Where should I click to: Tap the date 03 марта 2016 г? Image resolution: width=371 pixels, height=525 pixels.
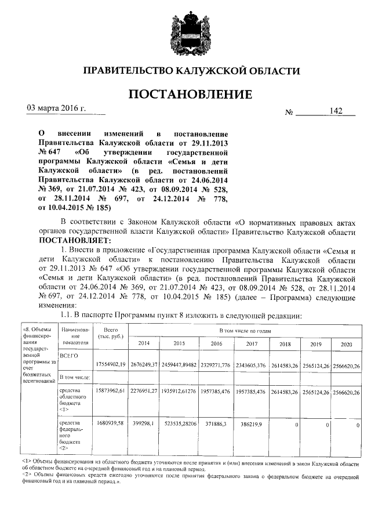(x=57, y=108)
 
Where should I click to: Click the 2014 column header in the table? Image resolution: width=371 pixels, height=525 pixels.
(x=147, y=343)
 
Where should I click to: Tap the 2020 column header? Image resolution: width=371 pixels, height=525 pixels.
(x=346, y=343)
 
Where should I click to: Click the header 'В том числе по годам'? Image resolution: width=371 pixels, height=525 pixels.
(x=243, y=330)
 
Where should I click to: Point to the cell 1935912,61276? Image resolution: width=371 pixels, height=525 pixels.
(x=180, y=392)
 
